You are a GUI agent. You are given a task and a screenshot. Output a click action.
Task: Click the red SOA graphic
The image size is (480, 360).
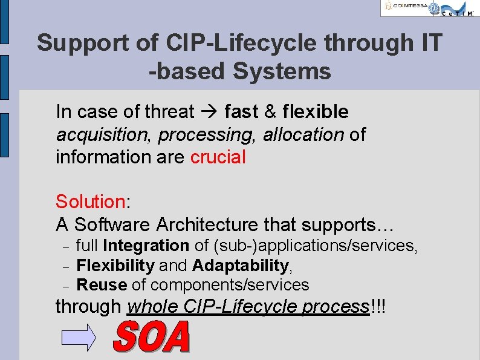point(151,336)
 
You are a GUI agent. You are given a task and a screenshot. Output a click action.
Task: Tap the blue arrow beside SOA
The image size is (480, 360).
point(80,337)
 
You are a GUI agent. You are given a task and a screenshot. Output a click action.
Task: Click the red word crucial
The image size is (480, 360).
point(218,157)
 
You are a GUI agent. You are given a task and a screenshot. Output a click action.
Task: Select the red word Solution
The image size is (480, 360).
point(89,201)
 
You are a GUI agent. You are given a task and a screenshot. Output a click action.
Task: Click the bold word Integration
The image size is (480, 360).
point(146,246)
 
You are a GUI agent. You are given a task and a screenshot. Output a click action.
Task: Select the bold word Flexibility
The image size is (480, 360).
point(116,265)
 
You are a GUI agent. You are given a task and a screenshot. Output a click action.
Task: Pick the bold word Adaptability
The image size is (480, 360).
point(241,265)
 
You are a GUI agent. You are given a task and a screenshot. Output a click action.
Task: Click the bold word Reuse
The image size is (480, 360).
point(102,285)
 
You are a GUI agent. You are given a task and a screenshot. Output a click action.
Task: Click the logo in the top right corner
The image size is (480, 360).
point(429,8)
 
